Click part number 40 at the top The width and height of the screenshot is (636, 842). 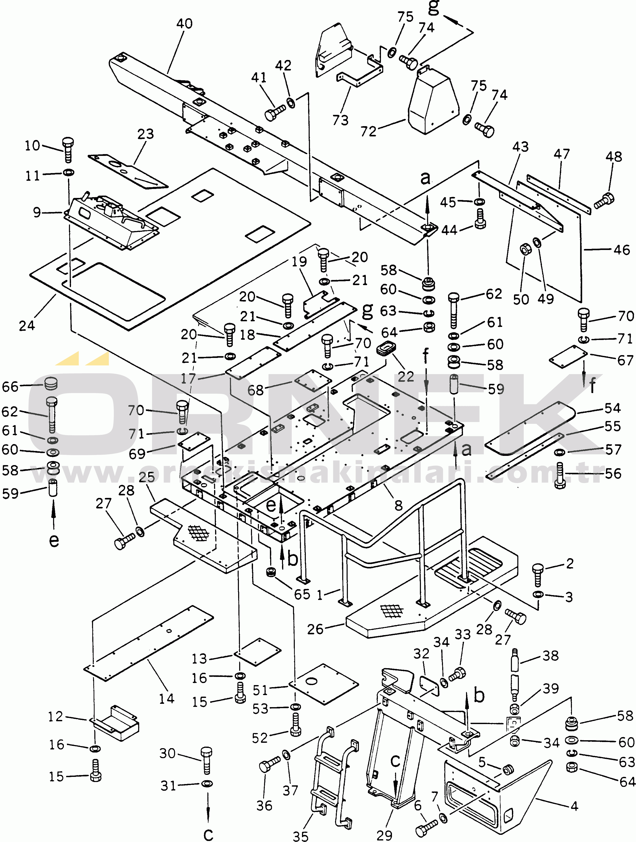tap(184, 24)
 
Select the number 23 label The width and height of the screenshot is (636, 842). tap(145, 134)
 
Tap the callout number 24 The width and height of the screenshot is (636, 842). tap(27, 326)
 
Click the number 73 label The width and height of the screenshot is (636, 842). tap(340, 120)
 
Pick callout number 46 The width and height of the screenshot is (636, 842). tap(622, 250)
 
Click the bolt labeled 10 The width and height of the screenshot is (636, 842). tap(68, 149)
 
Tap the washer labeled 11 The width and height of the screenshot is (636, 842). tap(68, 173)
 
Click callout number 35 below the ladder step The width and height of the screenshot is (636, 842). tap(300, 836)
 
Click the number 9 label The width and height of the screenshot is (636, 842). tap(37, 212)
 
